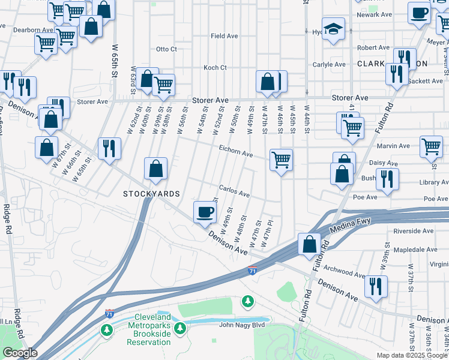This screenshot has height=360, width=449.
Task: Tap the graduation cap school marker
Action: click(333, 29)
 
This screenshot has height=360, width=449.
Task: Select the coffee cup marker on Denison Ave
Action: click(205, 212)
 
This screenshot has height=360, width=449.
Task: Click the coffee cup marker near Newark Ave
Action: click(419, 13)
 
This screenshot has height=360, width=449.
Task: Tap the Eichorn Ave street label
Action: click(235, 153)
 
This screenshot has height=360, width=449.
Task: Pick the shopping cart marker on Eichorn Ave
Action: click(281, 160)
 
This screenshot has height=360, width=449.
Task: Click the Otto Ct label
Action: click(166, 49)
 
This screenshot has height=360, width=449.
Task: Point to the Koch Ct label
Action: click(214, 68)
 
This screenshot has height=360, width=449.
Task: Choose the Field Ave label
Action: click(224, 36)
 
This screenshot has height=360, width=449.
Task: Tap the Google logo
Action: click(20, 353)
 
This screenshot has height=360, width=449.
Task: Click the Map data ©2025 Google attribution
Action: click(412, 355)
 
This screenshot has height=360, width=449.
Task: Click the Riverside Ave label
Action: click(413, 230)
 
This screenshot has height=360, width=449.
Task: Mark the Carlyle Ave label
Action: click(329, 64)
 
